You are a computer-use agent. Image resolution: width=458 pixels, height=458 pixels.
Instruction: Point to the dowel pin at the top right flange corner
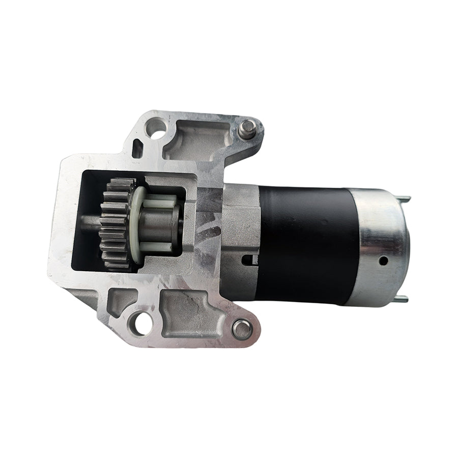point(246,128)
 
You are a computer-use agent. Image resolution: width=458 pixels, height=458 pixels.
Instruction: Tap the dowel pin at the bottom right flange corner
point(242,328)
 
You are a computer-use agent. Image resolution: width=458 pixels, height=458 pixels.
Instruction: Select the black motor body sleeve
point(305,244)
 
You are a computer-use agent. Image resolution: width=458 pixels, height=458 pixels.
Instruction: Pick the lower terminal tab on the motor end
point(402,299)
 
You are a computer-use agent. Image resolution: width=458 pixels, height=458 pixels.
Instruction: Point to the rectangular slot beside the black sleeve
point(248,260)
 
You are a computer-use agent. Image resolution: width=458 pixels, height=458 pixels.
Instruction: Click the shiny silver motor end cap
point(382,247)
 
